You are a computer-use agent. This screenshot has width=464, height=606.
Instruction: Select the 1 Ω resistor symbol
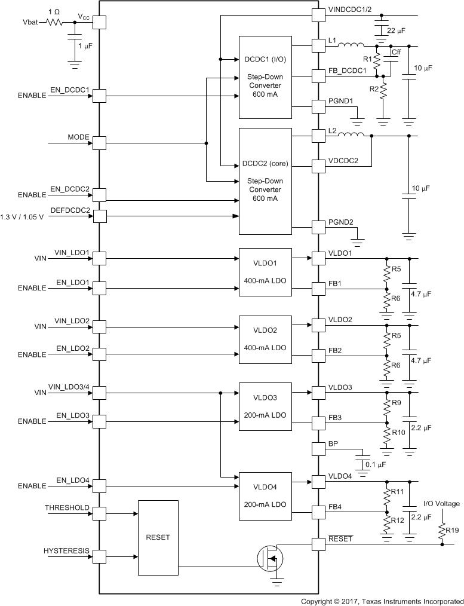tap(56, 22)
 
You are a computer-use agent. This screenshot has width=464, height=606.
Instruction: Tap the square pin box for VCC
tap(99, 22)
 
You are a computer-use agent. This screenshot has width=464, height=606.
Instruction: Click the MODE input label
tap(78, 137)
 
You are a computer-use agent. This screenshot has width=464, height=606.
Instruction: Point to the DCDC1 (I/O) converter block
tap(265, 76)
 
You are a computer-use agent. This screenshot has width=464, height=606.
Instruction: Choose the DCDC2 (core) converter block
tap(265, 180)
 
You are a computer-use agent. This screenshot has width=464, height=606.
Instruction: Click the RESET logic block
tap(158, 537)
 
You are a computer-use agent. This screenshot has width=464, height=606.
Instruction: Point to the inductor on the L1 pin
tap(352, 44)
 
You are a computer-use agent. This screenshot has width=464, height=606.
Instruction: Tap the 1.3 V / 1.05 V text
tap(23, 216)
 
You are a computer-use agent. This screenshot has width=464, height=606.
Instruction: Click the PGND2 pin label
tap(341, 222)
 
